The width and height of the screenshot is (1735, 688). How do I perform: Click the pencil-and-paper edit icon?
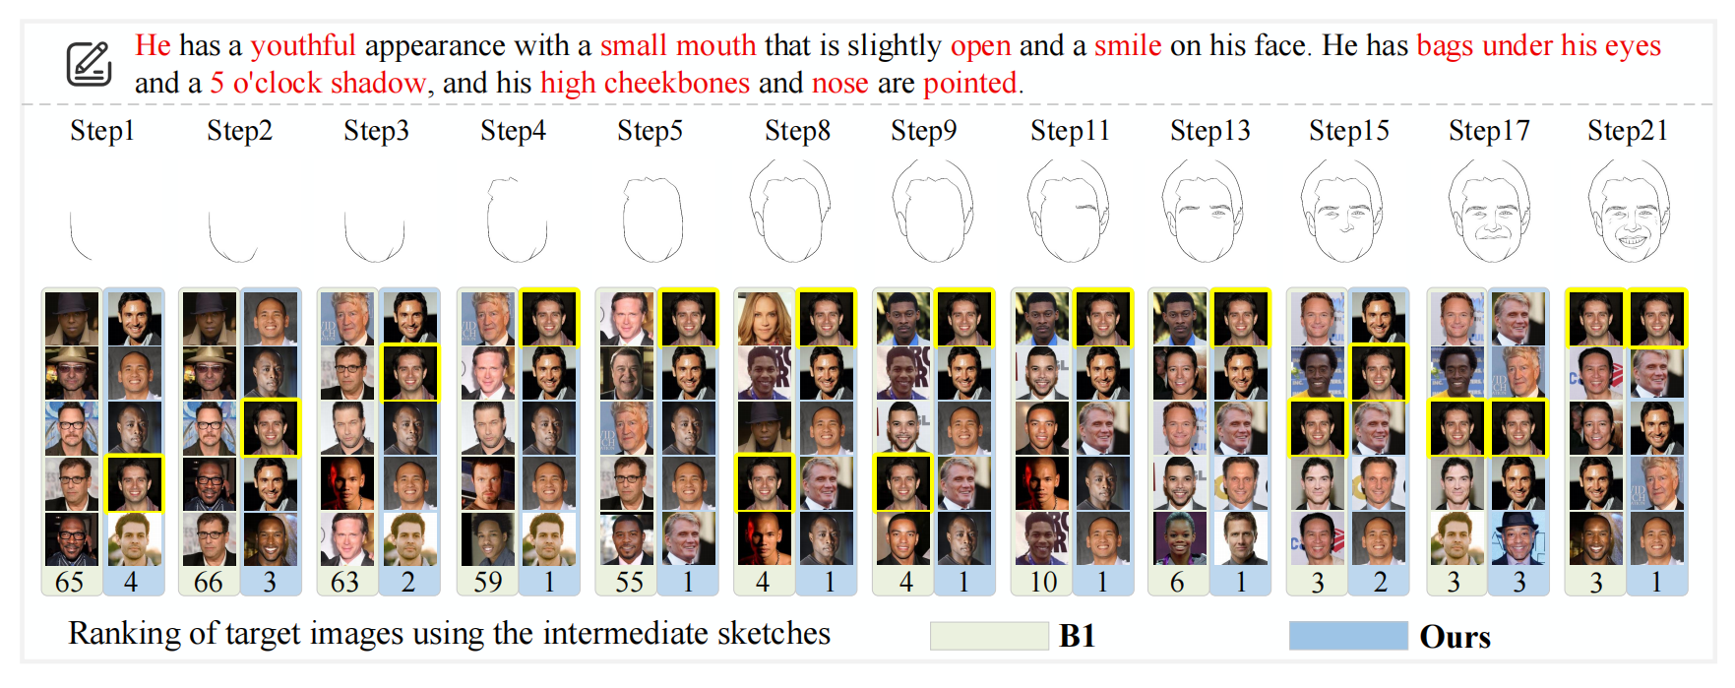[89, 64]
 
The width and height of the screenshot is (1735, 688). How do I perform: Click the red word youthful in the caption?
[302, 45]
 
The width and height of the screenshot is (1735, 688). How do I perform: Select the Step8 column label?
[797, 130]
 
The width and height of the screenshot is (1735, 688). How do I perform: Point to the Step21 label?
[1627, 130]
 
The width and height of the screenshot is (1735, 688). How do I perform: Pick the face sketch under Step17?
[1489, 213]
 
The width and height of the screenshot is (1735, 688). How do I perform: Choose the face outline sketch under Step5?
[652, 219]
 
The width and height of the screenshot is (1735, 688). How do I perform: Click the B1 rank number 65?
[69, 582]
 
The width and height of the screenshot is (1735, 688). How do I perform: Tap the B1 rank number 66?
[208, 582]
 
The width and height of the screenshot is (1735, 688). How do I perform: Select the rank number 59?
[487, 582]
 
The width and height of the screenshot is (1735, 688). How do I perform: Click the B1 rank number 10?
[1043, 582]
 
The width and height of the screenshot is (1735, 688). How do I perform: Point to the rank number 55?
[629, 582]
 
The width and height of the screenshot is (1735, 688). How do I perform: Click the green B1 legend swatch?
[988, 636]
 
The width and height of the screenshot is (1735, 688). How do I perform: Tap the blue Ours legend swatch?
[1347, 636]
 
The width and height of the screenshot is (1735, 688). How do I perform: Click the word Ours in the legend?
[1455, 637]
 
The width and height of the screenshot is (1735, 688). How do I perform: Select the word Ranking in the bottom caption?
[127, 634]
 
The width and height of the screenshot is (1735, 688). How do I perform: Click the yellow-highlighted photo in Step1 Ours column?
[134, 483]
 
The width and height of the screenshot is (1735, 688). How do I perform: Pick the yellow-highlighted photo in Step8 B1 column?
[764, 483]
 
